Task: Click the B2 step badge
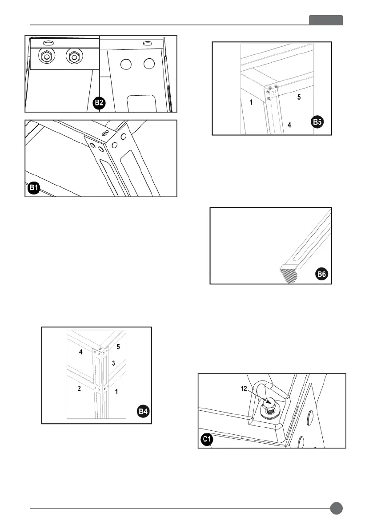pos(99,104)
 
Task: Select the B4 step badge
pos(142,412)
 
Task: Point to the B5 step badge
pos(317,122)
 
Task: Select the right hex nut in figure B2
pos(73,57)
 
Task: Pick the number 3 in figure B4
pos(113,364)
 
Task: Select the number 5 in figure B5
pos(299,97)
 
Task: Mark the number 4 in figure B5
pos(289,125)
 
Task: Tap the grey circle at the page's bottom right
pos(337,508)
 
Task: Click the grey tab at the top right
pos(326,20)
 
